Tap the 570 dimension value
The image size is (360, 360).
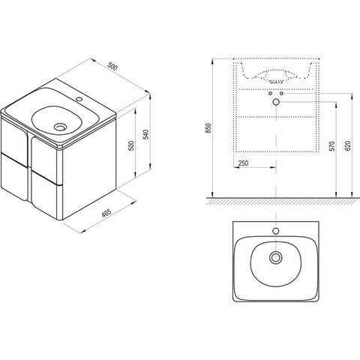331,146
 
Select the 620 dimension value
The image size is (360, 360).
348,145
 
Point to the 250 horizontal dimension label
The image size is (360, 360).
243,163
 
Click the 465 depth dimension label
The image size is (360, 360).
106,213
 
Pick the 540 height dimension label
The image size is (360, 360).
146,134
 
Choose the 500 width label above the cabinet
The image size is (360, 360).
112,66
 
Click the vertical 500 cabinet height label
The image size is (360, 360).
131,145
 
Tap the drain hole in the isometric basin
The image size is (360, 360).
60,127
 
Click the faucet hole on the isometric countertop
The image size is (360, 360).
79,99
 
